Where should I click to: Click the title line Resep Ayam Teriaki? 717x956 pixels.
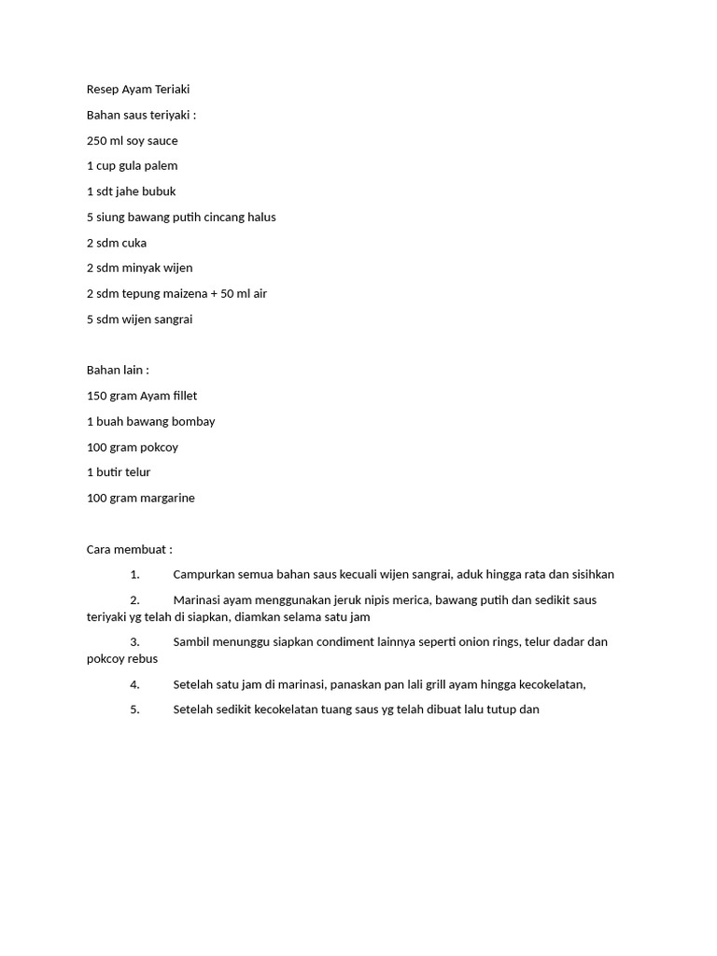138,90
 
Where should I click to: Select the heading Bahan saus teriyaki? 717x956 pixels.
142,115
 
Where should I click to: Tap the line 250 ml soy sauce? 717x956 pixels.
132,141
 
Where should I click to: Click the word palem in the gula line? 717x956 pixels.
161,166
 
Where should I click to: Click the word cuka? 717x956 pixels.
134,243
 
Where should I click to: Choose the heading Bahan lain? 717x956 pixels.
118,371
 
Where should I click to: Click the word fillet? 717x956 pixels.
181,396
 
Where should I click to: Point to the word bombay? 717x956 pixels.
194,421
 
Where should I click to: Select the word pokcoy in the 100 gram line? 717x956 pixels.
159,447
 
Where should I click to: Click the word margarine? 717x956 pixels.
166,499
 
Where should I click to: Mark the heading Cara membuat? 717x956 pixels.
130,550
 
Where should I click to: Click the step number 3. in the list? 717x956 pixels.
134,642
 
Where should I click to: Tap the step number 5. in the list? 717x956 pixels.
134,710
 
